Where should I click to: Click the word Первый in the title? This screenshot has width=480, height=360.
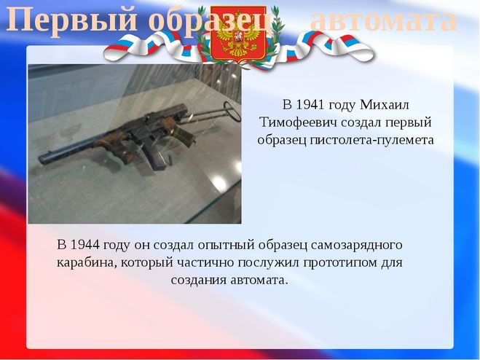click(71, 20)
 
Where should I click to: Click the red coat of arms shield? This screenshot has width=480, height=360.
click(238, 33)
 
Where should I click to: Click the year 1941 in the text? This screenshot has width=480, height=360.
click(309, 105)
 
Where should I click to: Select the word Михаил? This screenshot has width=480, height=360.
click(385, 105)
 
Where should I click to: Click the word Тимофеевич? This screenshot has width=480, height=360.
click(298, 122)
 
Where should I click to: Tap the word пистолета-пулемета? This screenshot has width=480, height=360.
click(371, 140)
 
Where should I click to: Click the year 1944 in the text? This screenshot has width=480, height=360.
click(84, 245)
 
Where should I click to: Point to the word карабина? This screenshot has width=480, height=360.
click(87, 263)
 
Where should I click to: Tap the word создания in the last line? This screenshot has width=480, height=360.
click(199, 281)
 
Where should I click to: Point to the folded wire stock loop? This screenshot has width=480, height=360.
click(232, 111)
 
